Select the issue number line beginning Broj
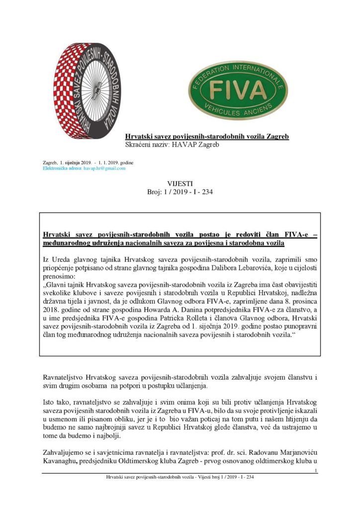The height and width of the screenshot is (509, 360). click(180, 192)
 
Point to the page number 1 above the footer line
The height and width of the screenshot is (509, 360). click(316, 471)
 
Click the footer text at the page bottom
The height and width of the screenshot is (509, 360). click(180, 478)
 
